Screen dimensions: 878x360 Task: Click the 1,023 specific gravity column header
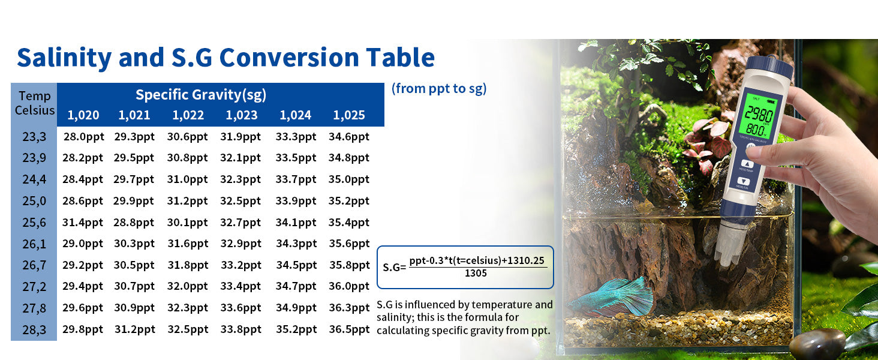pyautogui.click(x=242, y=115)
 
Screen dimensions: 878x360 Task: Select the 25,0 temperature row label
pyautogui.click(x=34, y=201)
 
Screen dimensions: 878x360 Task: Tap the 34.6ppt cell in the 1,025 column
pyautogui.click(x=349, y=136)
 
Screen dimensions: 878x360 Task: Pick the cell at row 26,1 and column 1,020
pyautogui.click(x=83, y=244)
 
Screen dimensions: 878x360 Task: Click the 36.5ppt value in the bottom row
pyautogui.click(x=349, y=329)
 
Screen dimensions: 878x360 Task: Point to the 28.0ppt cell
pyautogui.click(x=84, y=136)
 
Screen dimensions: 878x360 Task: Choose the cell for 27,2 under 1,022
pyautogui.click(x=187, y=286)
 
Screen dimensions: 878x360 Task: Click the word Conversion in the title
pyautogui.click(x=289, y=57)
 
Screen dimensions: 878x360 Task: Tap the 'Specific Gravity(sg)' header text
pyautogui.click(x=201, y=95)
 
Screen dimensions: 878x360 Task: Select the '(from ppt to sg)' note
pyautogui.click(x=439, y=89)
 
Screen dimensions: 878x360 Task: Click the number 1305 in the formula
pyautogui.click(x=476, y=274)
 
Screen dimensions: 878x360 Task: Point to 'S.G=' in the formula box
pyautogui.click(x=394, y=268)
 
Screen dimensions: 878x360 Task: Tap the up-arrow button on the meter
pyautogui.click(x=747, y=164)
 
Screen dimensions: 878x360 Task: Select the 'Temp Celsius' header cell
pyautogui.click(x=34, y=103)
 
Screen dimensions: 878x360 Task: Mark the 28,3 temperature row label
pyautogui.click(x=34, y=330)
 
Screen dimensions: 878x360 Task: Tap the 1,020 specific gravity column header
pyautogui.click(x=83, y=115)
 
